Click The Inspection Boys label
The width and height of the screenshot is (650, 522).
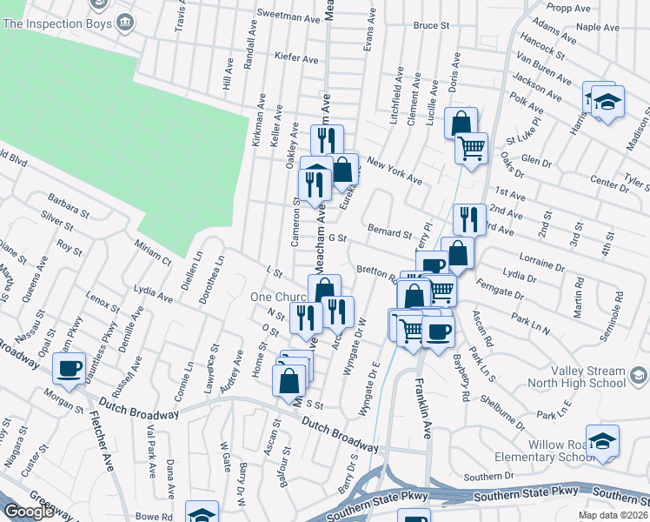[x=58, y=23]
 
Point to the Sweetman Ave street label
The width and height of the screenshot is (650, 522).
[x=289, y=16]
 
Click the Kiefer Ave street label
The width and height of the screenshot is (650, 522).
[x=296, y=58]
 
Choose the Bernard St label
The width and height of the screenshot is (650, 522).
[x=389, y=233]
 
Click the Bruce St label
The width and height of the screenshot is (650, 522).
[x=430, y=26]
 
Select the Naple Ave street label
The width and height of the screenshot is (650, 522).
[x=598, y=27]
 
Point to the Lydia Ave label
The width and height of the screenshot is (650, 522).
[x=154, y=293]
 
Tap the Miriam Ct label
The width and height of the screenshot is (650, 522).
[x=154, y=252]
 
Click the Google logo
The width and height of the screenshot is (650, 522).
[x=30, y=512]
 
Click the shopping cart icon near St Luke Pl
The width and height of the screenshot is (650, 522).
[x=471, y=148]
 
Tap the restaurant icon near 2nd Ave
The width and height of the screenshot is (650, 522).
[x=469, y=220]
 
